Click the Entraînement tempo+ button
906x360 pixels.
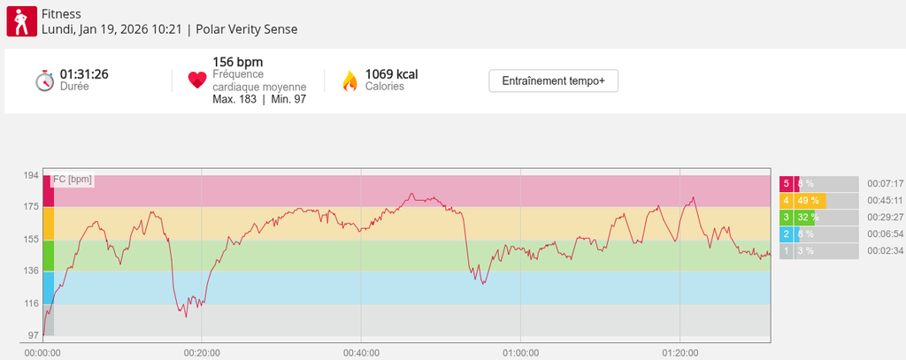point(553,80)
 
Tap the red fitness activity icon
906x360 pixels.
point(21,21)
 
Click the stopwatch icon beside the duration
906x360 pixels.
point(45,80)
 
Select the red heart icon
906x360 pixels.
point(197,80)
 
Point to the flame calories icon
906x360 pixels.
point(349,80)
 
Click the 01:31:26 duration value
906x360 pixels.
point(84,74)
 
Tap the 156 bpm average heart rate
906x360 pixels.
point(238,62)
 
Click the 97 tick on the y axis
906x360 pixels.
point(33,336)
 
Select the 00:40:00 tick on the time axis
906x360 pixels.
point(361,352)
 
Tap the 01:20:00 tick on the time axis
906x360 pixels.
point(679,352)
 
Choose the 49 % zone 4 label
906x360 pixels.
point(808,201)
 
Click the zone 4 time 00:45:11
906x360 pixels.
point(885,201)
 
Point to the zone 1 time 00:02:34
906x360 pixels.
point(885,251)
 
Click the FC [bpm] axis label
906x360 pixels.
point(73,180)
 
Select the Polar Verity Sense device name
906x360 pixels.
point(247,29)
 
